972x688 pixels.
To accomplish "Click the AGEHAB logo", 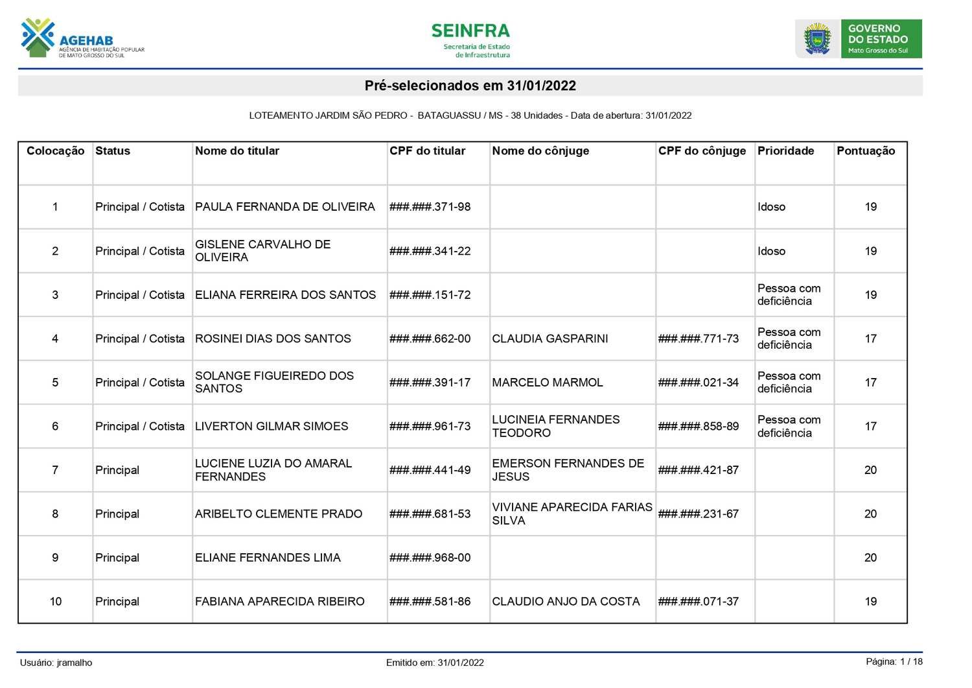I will pos(82,39).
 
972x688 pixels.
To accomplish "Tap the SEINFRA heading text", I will pos(470,31).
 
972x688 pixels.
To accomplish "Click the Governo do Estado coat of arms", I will pos(817,39).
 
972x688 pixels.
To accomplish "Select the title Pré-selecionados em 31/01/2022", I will pos(470,86).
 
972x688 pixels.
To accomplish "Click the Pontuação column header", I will pos(866,151).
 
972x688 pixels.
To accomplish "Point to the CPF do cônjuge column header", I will pos(702,151).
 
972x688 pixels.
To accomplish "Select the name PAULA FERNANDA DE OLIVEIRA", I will pos(284,207).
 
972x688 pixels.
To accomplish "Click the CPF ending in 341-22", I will pos(430,251).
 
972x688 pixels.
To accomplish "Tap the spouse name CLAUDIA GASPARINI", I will pos(550,338).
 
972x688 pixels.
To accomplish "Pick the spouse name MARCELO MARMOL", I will pos(547,383).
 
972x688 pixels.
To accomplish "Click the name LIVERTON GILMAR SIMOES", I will pos(272,426).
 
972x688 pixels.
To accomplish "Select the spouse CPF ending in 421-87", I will pos(698,470).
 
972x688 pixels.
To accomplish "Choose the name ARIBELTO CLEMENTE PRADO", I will pos(279,514).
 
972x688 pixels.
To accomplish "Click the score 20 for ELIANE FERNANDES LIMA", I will pos(870,558).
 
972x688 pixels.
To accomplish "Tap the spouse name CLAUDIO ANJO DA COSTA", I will pos(566,602).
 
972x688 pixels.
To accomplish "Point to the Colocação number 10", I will pos(56,602).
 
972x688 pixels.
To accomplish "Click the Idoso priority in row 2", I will pos(771,251).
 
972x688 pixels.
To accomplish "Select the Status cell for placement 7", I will pos(117,470).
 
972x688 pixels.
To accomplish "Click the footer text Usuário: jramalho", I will pos(56,663).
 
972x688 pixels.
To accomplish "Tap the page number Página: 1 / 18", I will pos(894,661).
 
